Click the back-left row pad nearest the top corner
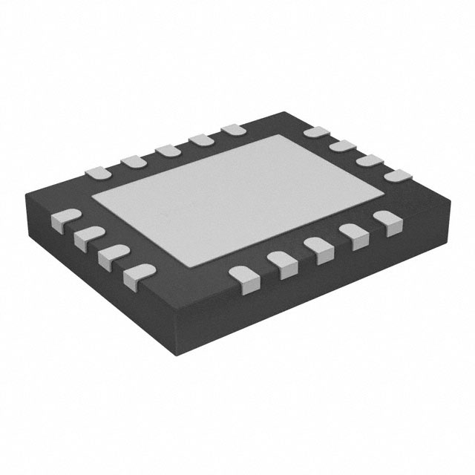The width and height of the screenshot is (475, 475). (233, 130)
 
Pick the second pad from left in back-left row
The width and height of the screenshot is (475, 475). (132, 161)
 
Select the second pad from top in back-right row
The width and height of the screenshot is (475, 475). (341, 148)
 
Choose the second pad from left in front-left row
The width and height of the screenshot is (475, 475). (84, 237)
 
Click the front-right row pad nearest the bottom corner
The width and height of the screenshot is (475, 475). (243, 278)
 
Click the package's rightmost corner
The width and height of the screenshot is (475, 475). (452, 195)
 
